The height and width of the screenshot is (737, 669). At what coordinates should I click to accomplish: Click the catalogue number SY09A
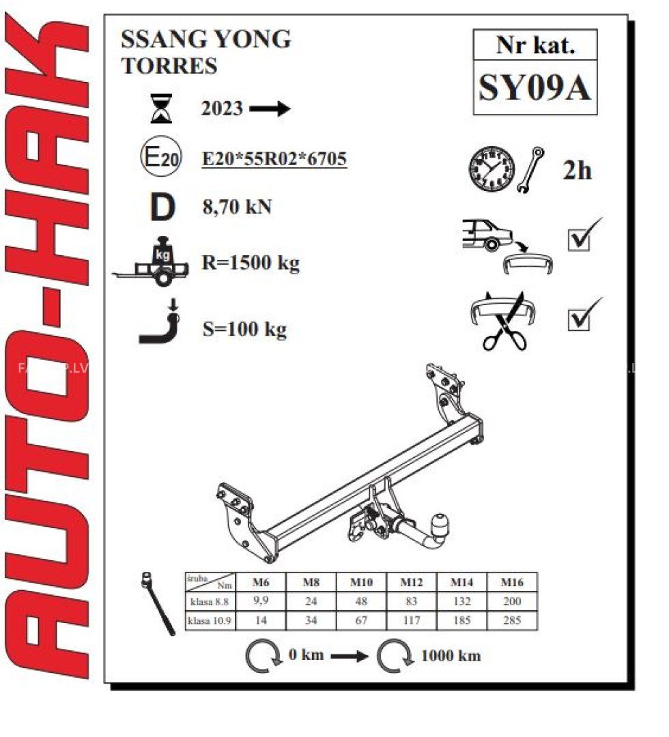(535, 87)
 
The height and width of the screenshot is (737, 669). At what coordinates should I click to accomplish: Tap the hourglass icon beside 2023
(161, 109)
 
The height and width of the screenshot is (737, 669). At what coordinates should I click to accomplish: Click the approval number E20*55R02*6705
(274, 159)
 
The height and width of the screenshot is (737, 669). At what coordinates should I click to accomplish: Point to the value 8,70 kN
(237, 207)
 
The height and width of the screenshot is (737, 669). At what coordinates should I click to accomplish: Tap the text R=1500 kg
(251, 263)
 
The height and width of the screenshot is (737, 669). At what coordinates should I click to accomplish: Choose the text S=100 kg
(244, 329)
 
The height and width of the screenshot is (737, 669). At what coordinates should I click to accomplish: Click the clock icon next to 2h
(492, 169)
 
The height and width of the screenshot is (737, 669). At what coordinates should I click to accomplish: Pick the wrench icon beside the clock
(531, 170)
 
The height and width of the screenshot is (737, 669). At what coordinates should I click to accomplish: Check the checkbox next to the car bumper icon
(579, 240)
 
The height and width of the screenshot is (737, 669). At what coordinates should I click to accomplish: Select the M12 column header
(412, 582)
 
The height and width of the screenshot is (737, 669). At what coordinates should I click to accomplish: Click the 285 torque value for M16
(512, 620)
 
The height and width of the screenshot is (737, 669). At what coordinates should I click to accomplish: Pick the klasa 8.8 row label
(210, 602)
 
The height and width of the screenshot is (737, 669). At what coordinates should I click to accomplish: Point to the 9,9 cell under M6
(261, 601)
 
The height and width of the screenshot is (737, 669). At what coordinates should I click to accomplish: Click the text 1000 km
(451, 656)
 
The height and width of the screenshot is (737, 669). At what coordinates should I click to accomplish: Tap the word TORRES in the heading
(169, 66)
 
